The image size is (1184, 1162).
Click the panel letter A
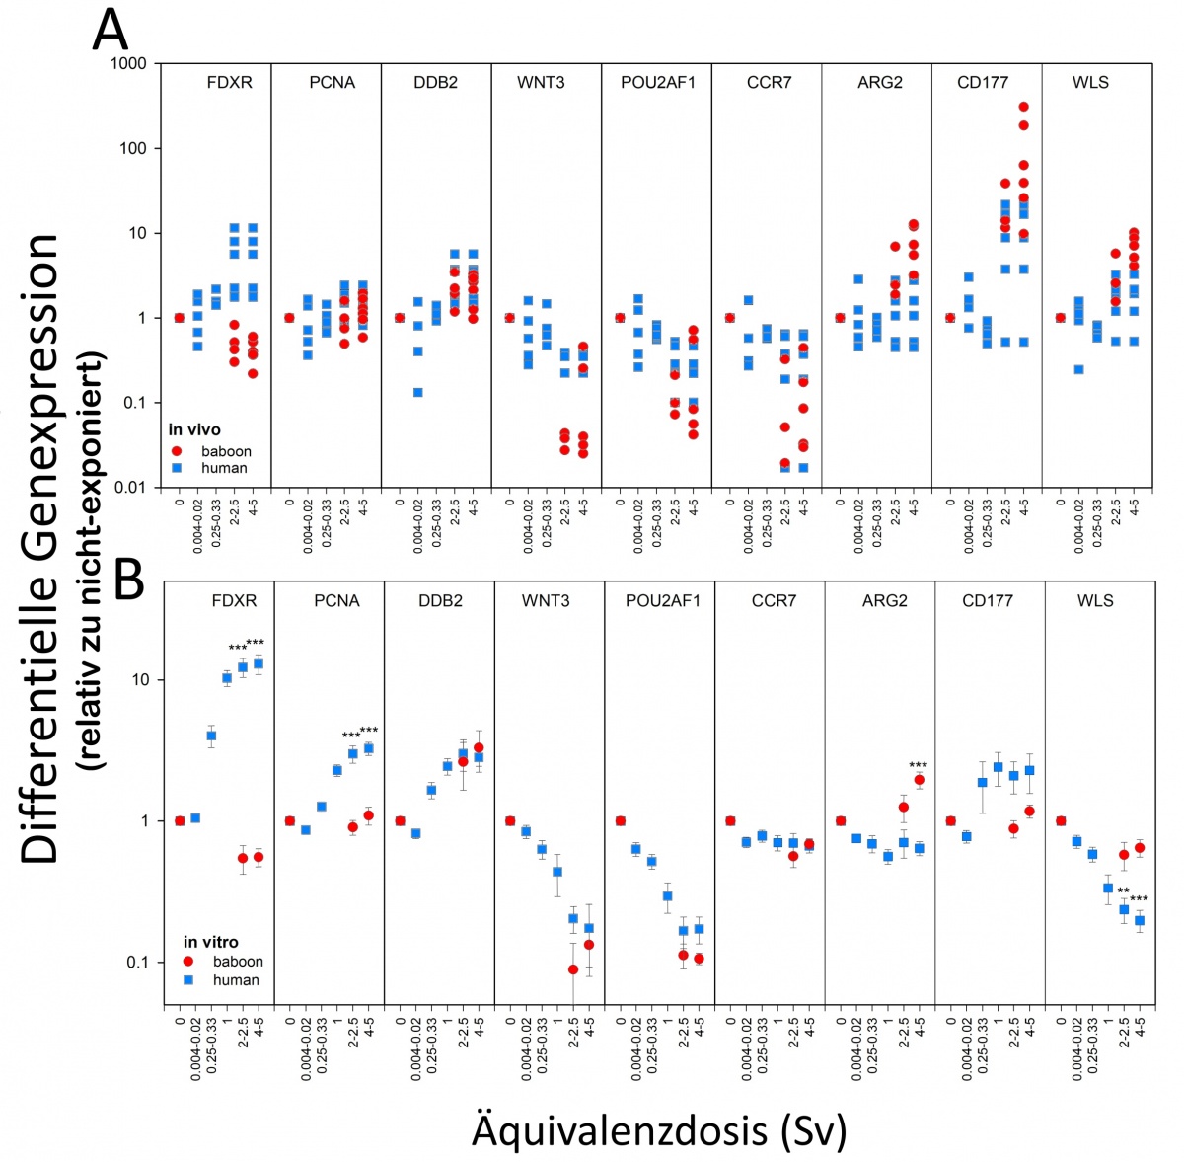pos(110,31)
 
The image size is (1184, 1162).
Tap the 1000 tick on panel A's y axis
pos(128,64)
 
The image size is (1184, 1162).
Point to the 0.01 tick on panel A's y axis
pos(129,488)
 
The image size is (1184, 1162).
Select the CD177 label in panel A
pos(983,82)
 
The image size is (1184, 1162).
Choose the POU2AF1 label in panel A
pos(657,82)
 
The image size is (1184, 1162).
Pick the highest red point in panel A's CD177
pos(1023,107)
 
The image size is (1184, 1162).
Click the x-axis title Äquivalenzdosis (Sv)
pos(659,1129)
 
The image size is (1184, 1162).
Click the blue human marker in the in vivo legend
pos(177,468)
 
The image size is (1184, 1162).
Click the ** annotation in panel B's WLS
pos(1123,891)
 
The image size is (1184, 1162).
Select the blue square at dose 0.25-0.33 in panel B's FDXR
pos(211,736)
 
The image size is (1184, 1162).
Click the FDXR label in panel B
pos(234,600)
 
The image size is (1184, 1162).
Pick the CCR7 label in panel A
pos(769,82)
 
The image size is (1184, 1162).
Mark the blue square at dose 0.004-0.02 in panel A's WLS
pos(1079,369)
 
